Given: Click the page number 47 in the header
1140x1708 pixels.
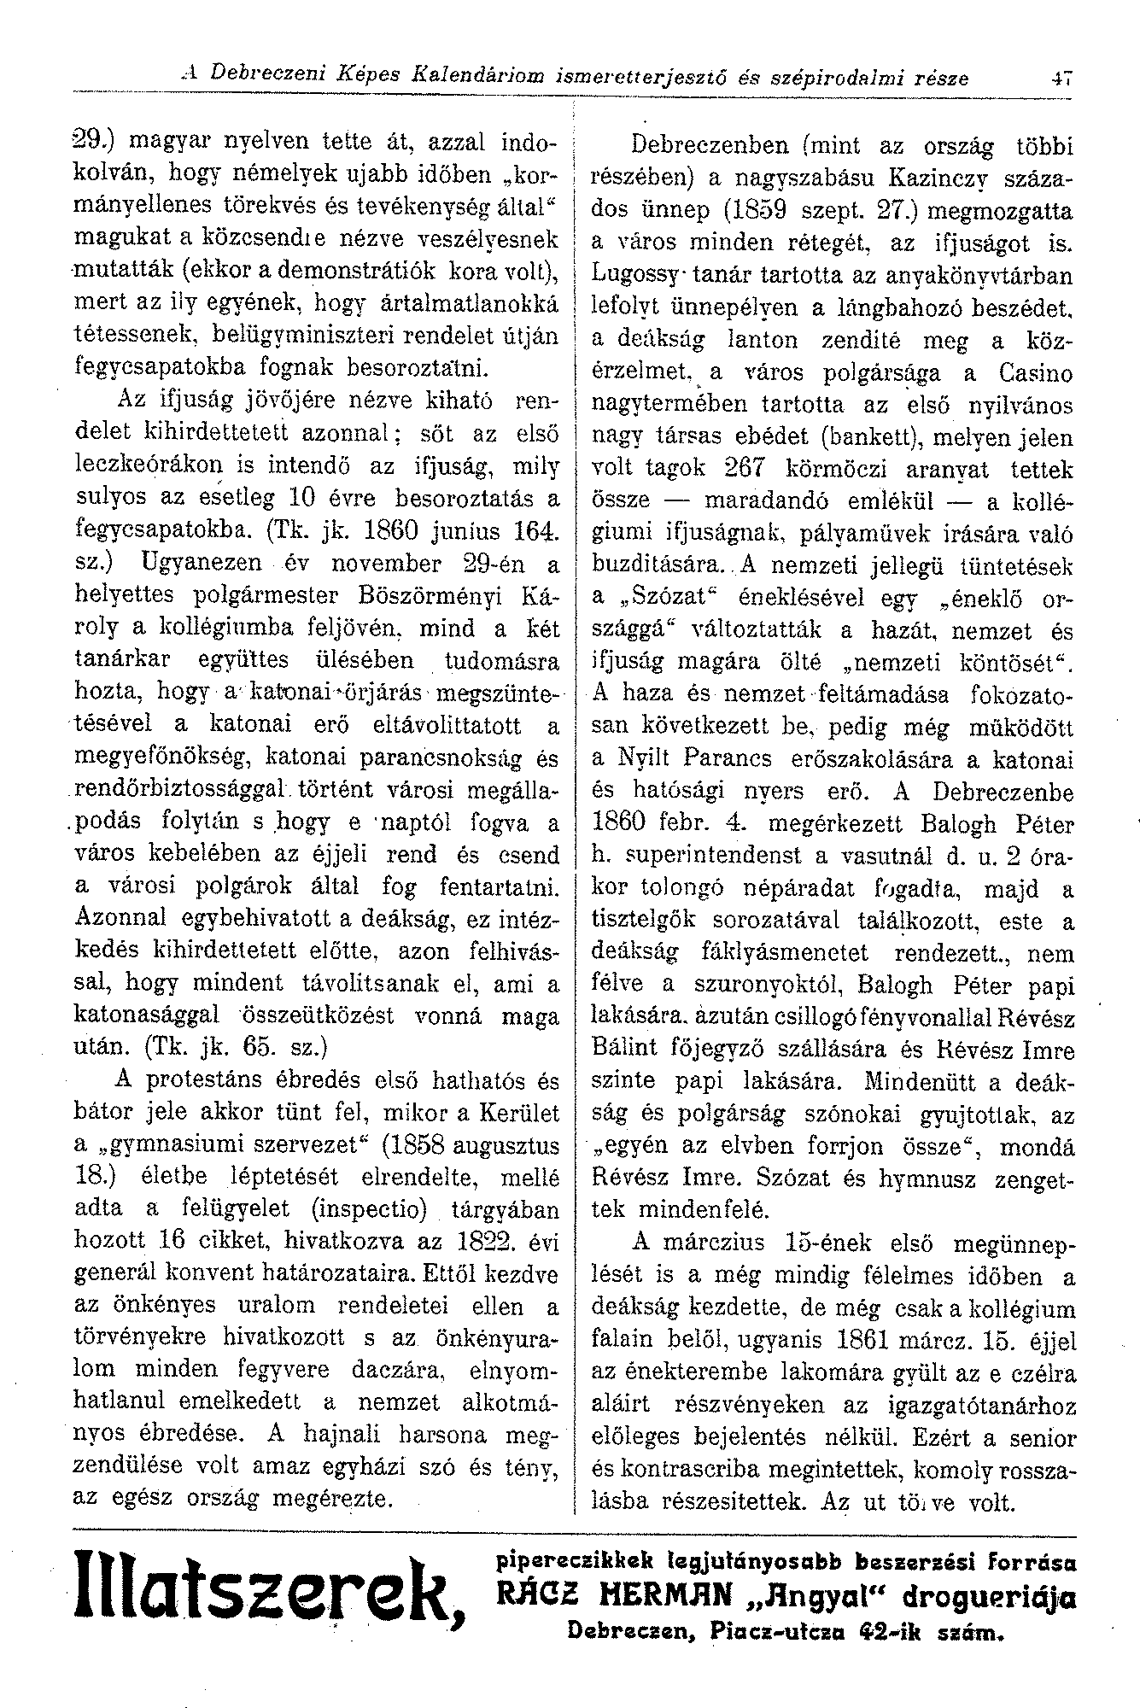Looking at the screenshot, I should (x=1062, y=79).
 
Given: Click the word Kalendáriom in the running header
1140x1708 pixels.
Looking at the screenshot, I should (x=480, y=79).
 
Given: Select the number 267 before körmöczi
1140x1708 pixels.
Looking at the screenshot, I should (x=749, y=470).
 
